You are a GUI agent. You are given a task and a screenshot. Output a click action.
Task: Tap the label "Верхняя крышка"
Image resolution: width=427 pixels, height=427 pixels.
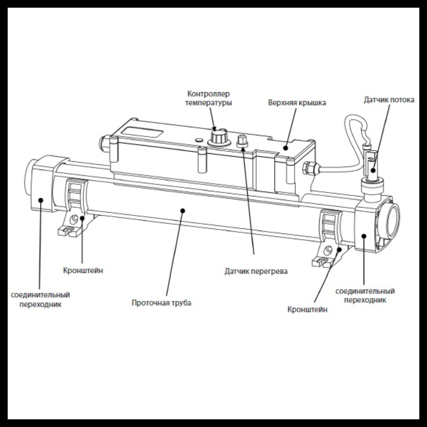297,103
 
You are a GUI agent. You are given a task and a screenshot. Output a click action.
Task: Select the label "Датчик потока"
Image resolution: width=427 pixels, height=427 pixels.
389,99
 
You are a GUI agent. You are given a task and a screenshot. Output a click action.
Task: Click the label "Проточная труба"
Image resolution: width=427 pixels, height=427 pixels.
161,303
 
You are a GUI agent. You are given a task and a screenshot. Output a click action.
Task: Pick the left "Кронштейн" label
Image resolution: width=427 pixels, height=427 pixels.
83,270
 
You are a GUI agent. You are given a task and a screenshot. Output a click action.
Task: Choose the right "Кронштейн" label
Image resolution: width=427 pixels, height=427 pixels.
307,310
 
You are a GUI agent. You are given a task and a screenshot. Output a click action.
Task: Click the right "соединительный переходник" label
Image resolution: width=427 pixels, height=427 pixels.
365,295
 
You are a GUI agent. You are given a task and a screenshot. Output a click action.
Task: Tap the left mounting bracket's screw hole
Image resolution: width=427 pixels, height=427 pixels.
76,219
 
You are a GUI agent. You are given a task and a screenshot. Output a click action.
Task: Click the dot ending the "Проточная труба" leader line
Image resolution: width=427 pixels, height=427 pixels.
183,210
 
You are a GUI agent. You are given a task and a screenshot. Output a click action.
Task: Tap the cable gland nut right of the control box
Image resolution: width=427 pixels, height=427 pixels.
310,167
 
